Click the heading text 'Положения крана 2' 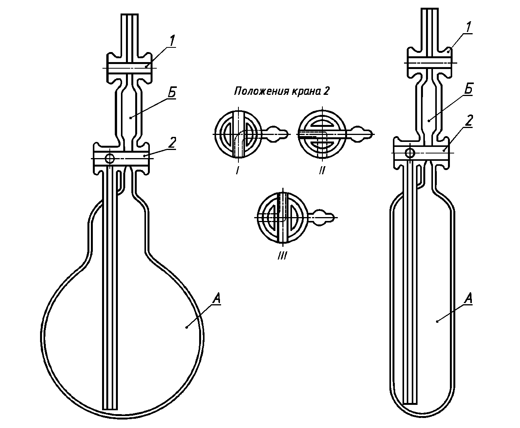point(282,91)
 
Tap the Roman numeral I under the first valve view point(237,170)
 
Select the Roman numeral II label point(322,170)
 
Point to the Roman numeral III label point(282,256)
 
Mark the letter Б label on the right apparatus point(468,89)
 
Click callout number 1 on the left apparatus point(172,41)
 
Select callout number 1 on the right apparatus point(468,27)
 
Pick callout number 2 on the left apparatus point(172,143)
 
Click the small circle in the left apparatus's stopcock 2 point(109,158)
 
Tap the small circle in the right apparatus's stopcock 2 point(410,153)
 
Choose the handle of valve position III point(321,217)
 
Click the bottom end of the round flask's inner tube point(110,409)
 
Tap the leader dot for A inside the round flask point(187,327)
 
